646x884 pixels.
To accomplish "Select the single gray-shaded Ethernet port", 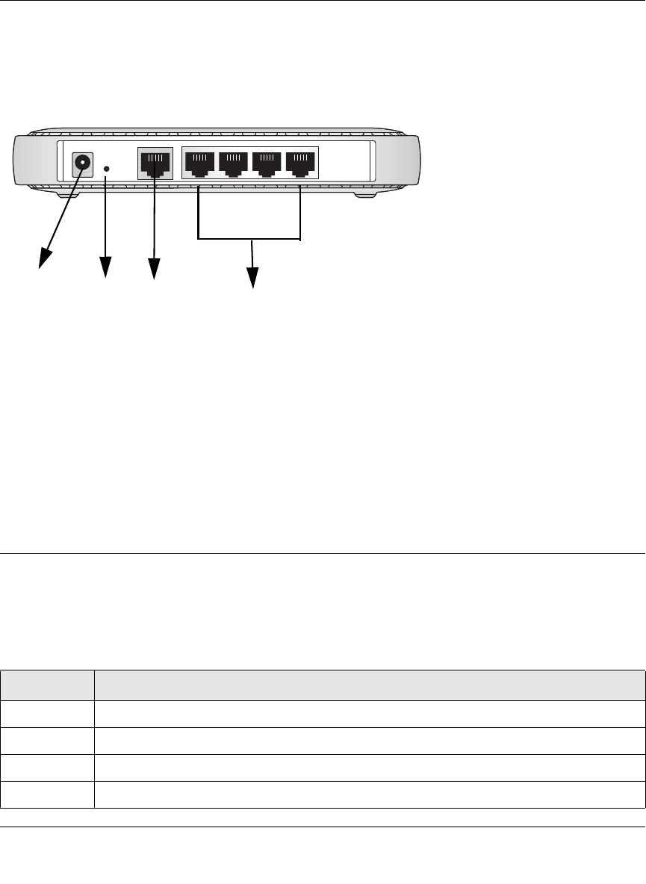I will pyautogui.click(x=155, y=163).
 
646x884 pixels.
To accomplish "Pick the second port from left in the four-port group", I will pyautogui.click(x=233, y=164).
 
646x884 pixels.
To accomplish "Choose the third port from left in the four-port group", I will pyautogui.click(x=267, y=164).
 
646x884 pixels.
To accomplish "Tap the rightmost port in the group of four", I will pyautogui.click(x=300, y=164).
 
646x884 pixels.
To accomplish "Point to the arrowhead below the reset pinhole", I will pyautogui.click(x=105, y=268).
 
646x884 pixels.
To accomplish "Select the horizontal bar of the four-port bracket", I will pyautogui.click(x=249, y=240).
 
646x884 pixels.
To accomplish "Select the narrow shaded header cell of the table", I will pyautogui.click(x=47, y=685).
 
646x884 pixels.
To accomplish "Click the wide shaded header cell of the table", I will pyautogui.click(x=369, y=685).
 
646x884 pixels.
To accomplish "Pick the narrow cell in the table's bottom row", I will pyautogui.click(x=47, y=795).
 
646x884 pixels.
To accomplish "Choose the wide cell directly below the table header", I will pyautogui.click(x=369, y=714).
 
